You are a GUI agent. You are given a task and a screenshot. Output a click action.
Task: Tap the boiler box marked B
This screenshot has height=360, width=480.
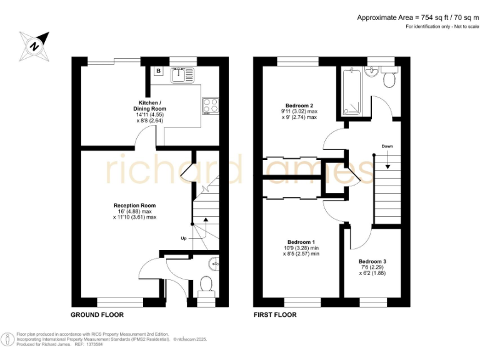coord(158,71)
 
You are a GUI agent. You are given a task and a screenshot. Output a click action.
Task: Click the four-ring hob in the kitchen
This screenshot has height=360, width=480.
coord(210,106)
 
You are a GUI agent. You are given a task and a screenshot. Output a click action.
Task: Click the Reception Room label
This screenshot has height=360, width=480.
coord(134,206)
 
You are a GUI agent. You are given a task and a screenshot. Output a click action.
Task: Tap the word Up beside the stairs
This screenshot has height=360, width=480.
coord(183,239)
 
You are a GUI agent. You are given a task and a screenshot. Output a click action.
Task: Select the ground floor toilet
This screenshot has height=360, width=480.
coord(205,285)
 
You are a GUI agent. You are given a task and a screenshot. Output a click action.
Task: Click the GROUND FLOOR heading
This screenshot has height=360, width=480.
coord(97,315)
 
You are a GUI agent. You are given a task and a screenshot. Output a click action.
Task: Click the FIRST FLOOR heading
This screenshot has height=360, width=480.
coord(275,315)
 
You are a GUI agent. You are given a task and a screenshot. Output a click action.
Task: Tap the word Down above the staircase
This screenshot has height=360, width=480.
coord(387,146)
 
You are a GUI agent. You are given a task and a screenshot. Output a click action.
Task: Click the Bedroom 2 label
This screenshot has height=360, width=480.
coord(299,106)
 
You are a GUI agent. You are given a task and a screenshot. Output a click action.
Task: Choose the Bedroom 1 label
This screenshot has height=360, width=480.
coord(301,242)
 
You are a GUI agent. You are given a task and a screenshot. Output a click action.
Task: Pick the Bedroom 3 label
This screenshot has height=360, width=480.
coord(372,261)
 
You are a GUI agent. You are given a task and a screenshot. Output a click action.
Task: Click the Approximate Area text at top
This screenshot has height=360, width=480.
coord(413,17)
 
